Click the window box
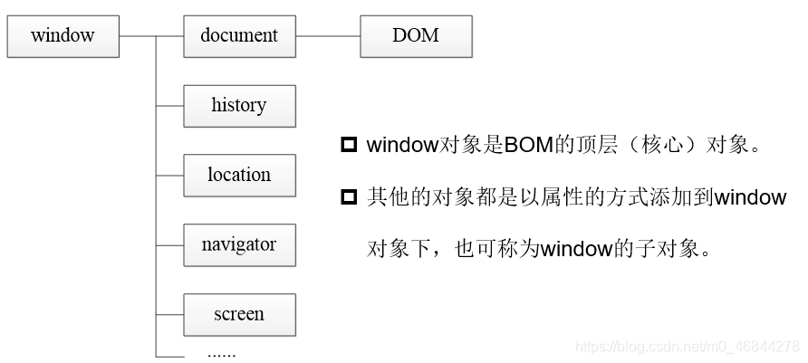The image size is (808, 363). pos(63,36)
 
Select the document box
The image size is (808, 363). pos(239,36)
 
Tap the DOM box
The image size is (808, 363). pos(416,36)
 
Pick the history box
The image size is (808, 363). pos(239,106)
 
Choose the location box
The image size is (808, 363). pos(239,176)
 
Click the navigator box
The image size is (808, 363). pos(239,245)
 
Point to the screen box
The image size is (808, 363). pos(239,315)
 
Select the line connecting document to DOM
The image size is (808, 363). pos(328,36)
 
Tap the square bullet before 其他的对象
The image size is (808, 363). pos(349,197)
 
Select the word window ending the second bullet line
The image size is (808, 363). pos(751,197)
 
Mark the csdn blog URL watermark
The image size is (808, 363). pos(688,347)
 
